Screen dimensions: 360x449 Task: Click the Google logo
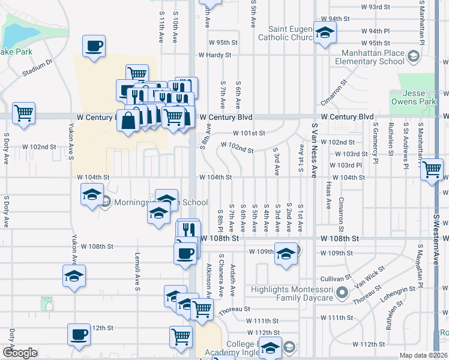pyautogui.click(x=20, y=353)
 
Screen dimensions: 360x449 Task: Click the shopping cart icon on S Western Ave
pyautogui.click(x=432, y=170)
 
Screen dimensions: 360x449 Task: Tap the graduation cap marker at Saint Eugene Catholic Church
pyautogui.click(x=325, y=32)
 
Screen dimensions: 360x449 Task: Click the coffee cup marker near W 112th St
pyautogui.click(x=78, y=334)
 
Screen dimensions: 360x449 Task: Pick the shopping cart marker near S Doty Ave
pyautogui.click(x=23, y=112)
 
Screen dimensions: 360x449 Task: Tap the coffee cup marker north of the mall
pyautogui.click(x=94, y=46)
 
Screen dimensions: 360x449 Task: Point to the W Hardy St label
pyautogui.click(x=215, y=55)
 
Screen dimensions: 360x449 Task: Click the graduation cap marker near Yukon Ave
pyautogui.click(x=74, y=276)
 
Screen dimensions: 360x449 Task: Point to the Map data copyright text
pyautogui.click(x=424, y=355)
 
